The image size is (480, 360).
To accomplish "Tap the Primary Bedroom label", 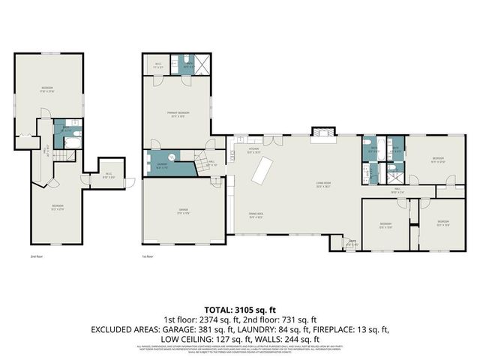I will point(177,114).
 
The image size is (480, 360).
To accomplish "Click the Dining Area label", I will point(256,215).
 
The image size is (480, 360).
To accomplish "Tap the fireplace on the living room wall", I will point(322,132).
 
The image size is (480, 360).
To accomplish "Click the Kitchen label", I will point(253,149).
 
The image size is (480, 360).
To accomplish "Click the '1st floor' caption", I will point(148,256).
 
